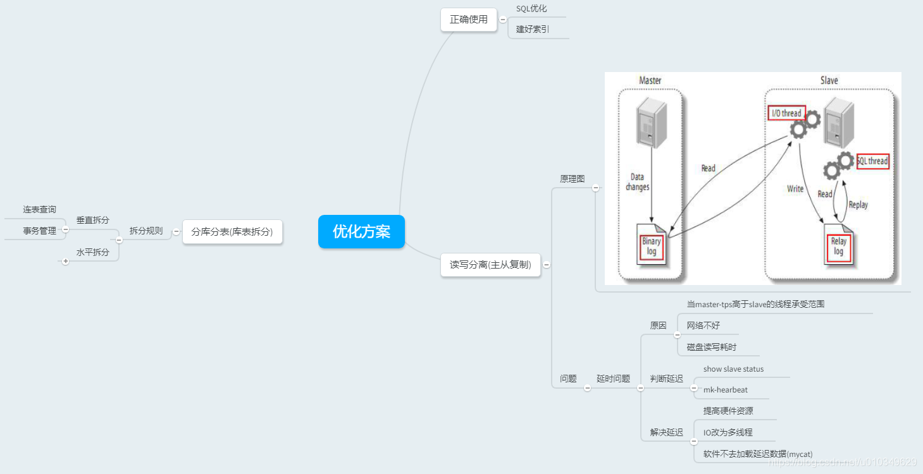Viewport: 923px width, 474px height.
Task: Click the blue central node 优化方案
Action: point(361,232)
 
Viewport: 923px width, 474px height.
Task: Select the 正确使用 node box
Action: point(469,20)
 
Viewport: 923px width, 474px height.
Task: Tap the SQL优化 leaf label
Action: point(531,9)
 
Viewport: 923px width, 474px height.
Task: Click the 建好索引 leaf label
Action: point(533,29)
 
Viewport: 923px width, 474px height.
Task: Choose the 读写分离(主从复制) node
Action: point(490,265)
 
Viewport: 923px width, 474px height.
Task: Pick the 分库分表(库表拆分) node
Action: point(232,232)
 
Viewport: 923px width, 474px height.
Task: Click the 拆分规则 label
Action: point(146,231)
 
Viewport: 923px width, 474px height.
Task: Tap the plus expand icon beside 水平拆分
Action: point(65,261)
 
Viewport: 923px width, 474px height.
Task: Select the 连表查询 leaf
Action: point(40,210)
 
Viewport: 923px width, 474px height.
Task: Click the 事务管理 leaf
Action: point(40,231)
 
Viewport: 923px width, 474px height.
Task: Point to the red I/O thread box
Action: point(786,113)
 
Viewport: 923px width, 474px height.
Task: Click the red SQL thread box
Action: point(872,161)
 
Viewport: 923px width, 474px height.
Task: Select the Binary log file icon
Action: point(652,245)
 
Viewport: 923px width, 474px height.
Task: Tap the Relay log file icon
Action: point(839,246)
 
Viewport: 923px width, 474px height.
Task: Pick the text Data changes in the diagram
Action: point(637,182)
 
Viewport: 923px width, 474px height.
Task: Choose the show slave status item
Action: point(733,369)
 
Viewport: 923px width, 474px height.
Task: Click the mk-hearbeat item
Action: point(725,390)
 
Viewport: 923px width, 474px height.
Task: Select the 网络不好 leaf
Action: point(703,326)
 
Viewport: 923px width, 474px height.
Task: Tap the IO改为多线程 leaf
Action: point(728,433)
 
